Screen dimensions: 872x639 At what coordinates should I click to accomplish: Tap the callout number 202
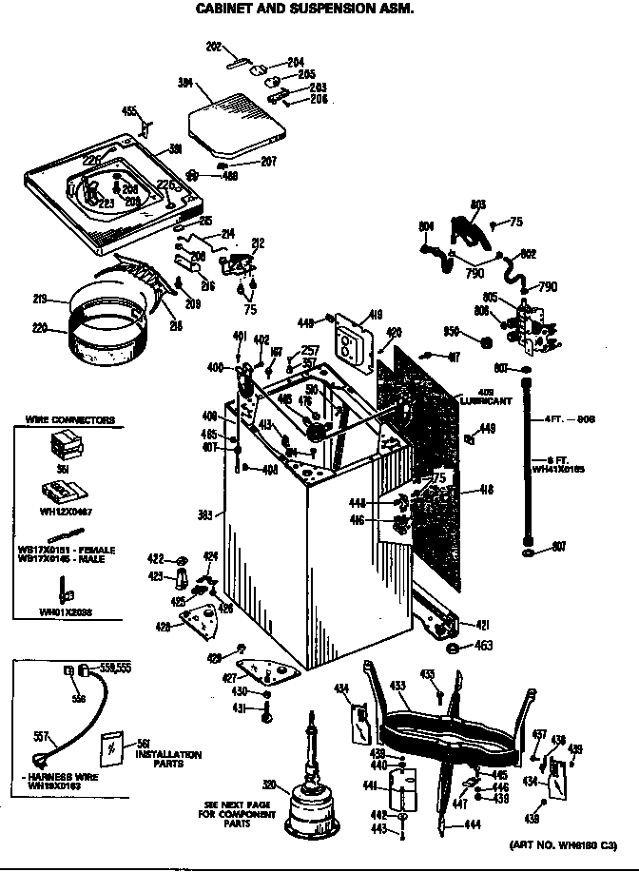[213, 45]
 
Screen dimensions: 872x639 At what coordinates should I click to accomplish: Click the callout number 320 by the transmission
[270, 785]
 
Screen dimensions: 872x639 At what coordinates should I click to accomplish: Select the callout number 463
[485, 647]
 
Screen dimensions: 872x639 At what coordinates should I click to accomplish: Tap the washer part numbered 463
[455, 648]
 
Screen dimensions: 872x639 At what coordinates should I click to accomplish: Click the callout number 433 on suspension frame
[397, 686]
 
